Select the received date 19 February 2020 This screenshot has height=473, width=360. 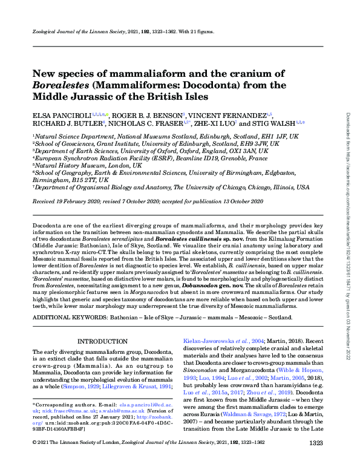click(x=82, y=200)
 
